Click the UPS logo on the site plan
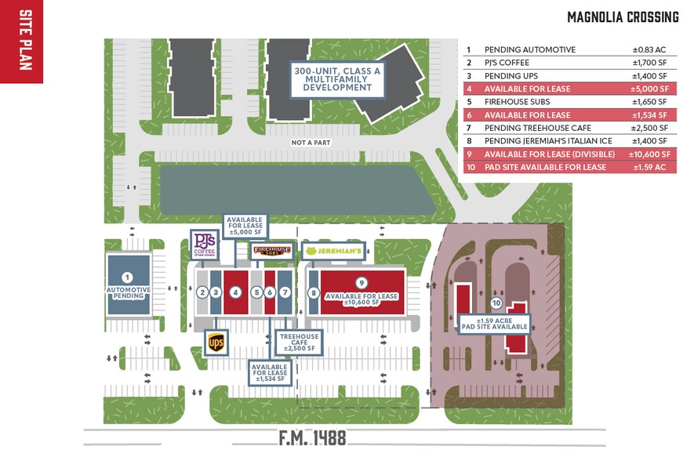[x=216, y=343]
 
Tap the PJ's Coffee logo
[x=205, y=245]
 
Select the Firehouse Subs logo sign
[x=272, y=251]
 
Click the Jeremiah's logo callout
[x=333, y=252]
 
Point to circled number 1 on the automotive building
[x=128, y=278]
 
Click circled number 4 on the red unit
[x=235, y=292]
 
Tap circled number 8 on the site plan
[x=314, y=293]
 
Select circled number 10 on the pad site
[x=496, y=303]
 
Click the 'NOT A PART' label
[x=311, y=143]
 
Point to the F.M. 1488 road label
[x=312, y=437]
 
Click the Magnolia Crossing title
[x=623, y=17]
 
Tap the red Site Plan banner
[x=21, y=41]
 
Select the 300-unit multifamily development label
[x=337, y=79]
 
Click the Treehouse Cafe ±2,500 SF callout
[x=300, y=342]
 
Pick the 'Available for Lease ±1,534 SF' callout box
[x=270, y=372]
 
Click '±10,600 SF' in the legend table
[x=649, y=154]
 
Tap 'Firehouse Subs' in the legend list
[x=517, y=102]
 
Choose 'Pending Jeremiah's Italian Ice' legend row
[x=570, y=141]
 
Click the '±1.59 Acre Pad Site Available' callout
[x=494, y=324]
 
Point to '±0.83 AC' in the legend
[x=649, y=50]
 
